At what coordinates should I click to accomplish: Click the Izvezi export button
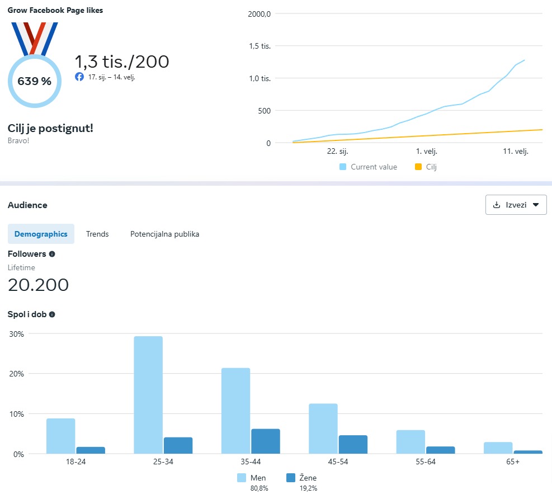516,205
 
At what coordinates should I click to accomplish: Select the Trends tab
97,234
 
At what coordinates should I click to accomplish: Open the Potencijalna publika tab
164,234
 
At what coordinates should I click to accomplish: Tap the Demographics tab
41,234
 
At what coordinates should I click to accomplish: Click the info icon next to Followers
52,254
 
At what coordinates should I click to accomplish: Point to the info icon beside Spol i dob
52,314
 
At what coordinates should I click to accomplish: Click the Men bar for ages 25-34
148,394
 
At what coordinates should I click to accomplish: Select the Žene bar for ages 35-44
266,441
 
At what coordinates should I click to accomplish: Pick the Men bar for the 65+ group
498,448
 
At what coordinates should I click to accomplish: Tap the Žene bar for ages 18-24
91,450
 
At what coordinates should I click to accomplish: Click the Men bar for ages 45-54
323,428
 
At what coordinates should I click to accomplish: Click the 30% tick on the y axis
16,334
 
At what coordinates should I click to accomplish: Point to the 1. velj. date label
426,152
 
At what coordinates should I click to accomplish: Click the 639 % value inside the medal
34,81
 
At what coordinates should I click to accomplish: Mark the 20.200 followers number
38,285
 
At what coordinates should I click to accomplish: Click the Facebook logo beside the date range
79,77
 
